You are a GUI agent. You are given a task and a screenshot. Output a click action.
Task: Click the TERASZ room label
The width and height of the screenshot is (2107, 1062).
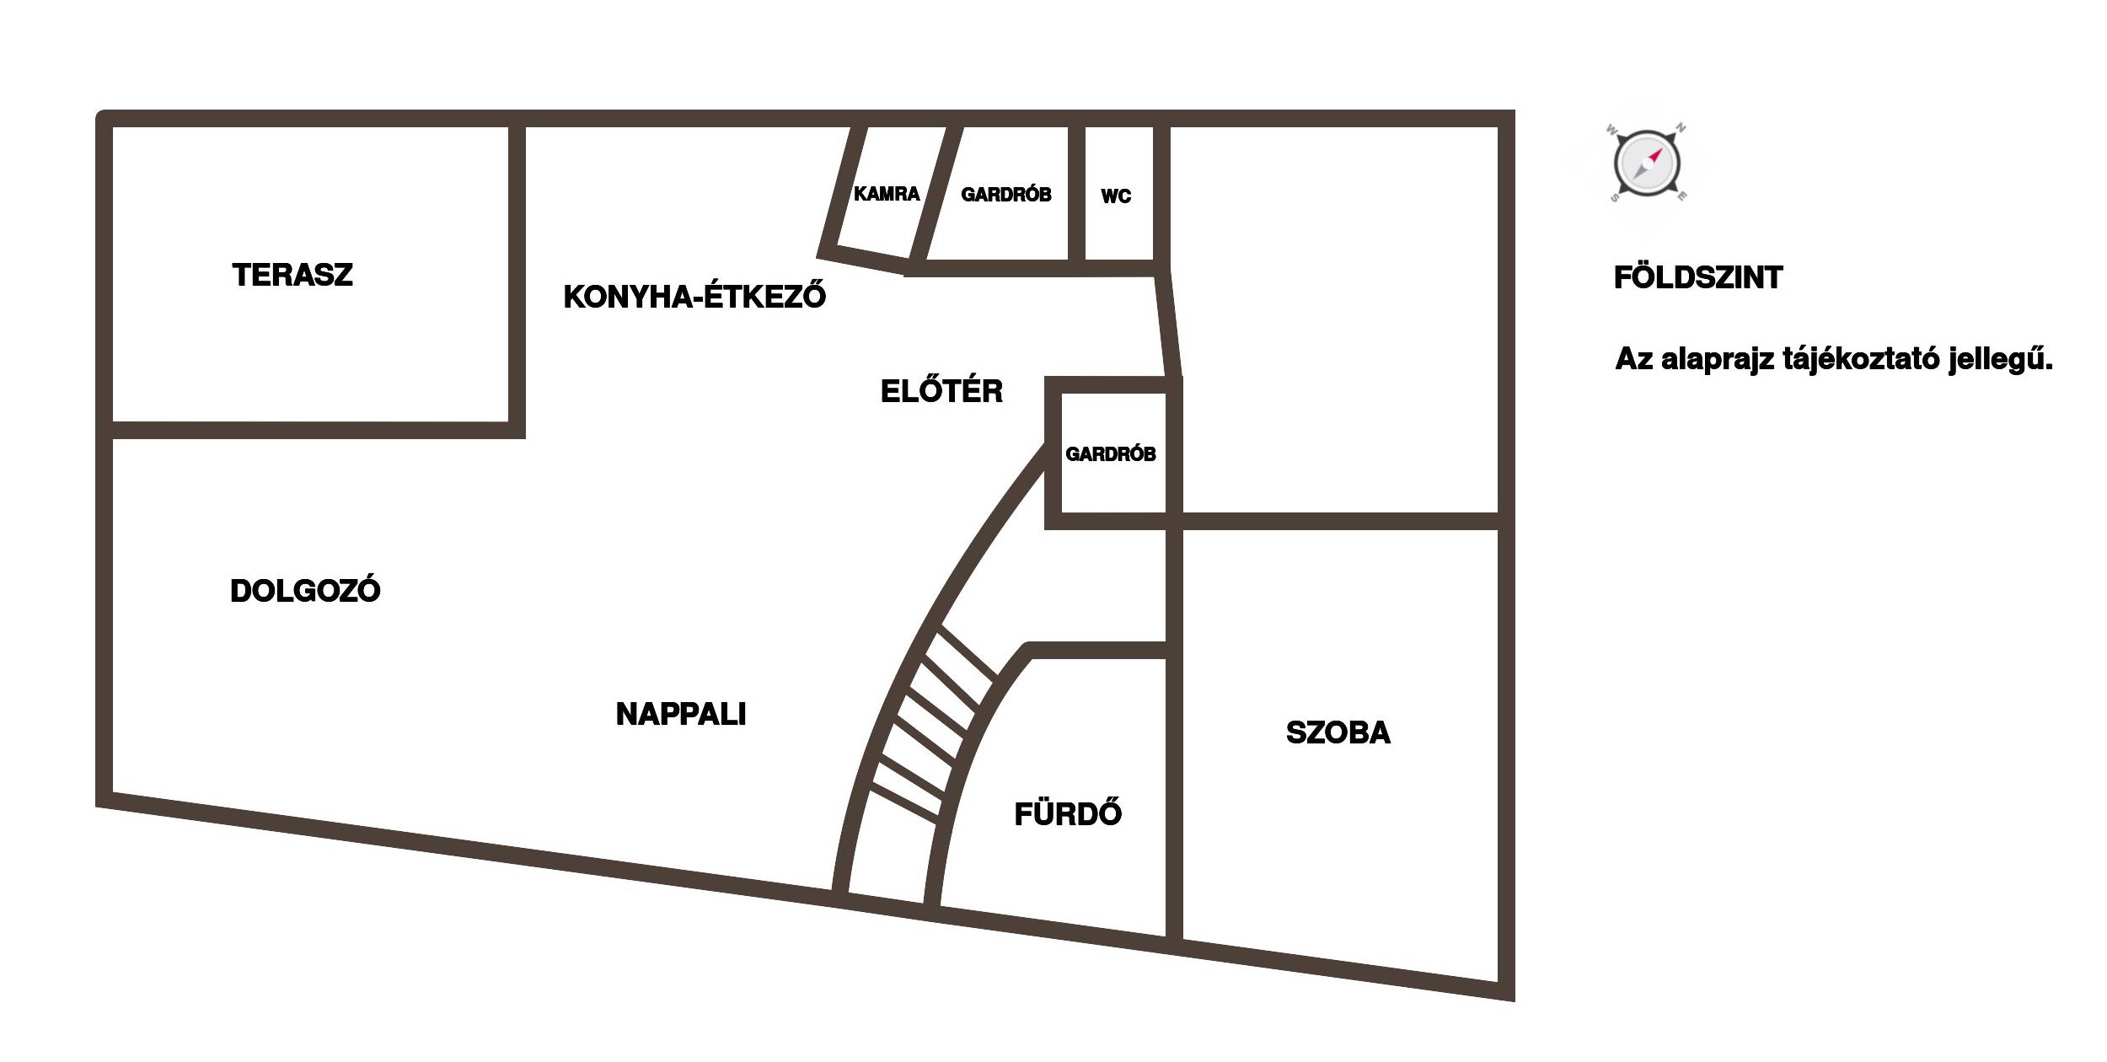click(292, 276)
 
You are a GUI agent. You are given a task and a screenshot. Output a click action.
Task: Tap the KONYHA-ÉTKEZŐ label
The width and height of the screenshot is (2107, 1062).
click(694, 295)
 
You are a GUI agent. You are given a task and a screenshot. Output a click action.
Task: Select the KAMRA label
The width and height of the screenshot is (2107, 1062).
click(887, 194)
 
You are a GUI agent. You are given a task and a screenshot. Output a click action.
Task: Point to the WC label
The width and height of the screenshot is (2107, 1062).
click(1116, 196)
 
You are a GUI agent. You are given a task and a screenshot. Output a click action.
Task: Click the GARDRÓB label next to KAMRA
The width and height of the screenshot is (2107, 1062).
click(1006, 195)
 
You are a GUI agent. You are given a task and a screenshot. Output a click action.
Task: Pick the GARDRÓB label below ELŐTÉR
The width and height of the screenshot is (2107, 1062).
click(1111, 454)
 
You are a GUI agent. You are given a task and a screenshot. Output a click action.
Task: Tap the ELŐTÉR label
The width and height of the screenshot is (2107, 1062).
click(941, 391)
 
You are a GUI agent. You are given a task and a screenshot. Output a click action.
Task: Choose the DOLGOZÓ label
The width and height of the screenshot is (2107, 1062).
click(305, 591)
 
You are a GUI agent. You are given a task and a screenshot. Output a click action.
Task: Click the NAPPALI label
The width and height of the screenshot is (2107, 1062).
click(681, 715)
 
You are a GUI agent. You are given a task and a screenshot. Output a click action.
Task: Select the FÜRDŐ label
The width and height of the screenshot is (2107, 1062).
click(1068, 813)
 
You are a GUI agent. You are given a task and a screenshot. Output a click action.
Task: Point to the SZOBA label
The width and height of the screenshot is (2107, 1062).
click(1338, 732)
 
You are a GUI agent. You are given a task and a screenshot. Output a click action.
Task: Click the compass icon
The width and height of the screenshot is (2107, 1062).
click(1647, 164)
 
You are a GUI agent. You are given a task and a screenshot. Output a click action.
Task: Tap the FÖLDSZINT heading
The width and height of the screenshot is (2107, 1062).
click(1698, 277)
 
